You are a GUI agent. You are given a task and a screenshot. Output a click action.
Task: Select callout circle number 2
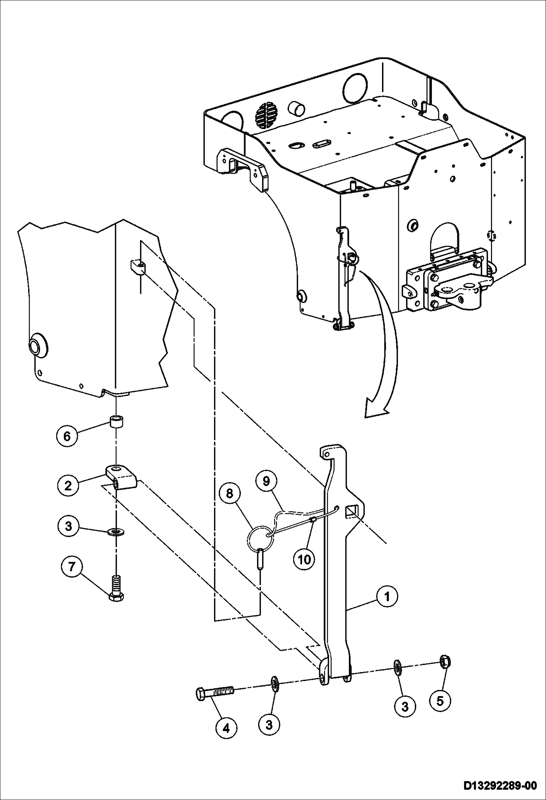click(x=68, y=485)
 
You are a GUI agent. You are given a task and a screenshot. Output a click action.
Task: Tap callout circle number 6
click(x=67, y=436)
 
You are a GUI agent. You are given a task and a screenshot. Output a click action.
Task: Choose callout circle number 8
click(x=229, y=493)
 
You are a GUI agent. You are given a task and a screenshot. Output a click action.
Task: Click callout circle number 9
click(x=266, y=481)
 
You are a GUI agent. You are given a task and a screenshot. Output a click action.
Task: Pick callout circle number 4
click(x=226, y=728)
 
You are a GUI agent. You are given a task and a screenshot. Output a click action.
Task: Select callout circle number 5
click(x=440, y=700)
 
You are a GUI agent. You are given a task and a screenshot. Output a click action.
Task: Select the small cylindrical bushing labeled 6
click(x=116, y=423)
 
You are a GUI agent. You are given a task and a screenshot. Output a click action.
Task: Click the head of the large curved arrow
click(x=375, y=410)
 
